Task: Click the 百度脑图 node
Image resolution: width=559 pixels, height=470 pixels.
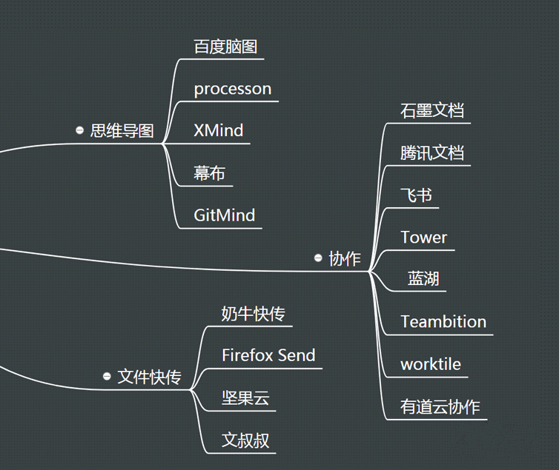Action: click(x=225, y=47)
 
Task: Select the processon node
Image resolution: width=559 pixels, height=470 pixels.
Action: click(x=233, y=89)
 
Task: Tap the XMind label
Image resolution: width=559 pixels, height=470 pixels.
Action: click(x=218, y=130)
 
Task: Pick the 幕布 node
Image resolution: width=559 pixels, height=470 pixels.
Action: click(x=209, y=173)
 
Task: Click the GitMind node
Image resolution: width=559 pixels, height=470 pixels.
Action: click(x=224, y=215)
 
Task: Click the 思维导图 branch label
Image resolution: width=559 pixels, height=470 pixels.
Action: click(x=122, y=130)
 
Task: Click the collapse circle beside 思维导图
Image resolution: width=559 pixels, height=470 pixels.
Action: click(x=79, y=130)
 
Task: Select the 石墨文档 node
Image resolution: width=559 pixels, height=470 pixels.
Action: click(x=432, y=110)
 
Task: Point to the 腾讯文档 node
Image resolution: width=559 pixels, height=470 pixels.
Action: click(x=432, y=153)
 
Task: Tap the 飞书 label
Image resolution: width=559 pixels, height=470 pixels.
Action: click(x=416, y=195)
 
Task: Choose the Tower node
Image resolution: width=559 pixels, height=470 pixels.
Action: click(x=423, y=238)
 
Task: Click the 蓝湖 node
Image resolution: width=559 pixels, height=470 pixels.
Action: click(x=423, y=278)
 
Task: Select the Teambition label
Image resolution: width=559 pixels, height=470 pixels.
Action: click(x=443, y=322)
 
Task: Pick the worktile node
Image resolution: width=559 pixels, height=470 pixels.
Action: click(x=431, y=364)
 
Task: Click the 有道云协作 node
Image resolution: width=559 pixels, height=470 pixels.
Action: click(x=440, y=406)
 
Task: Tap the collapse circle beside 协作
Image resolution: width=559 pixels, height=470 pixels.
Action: click(x=318, y=258)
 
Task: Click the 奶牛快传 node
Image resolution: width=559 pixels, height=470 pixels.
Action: click(x=253, y=314)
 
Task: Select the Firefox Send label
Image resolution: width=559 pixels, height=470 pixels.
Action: click(x=268, y=355)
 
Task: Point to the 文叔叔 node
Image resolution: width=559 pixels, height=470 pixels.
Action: click(x=245, y=440)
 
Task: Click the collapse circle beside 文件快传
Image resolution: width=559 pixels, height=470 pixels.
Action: click(x=107, y=377)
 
